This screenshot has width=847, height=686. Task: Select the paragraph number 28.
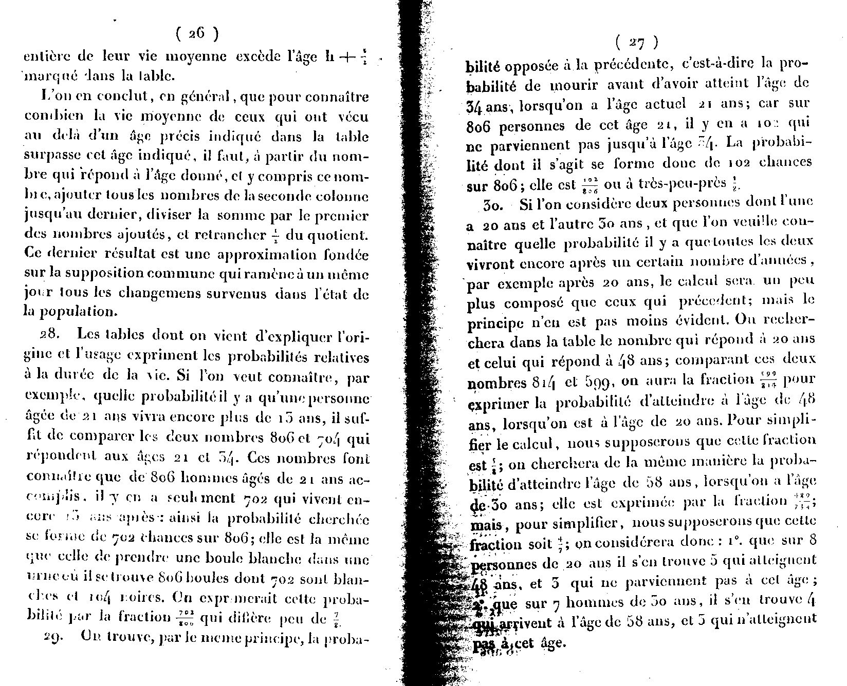(x=50, y=334)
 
